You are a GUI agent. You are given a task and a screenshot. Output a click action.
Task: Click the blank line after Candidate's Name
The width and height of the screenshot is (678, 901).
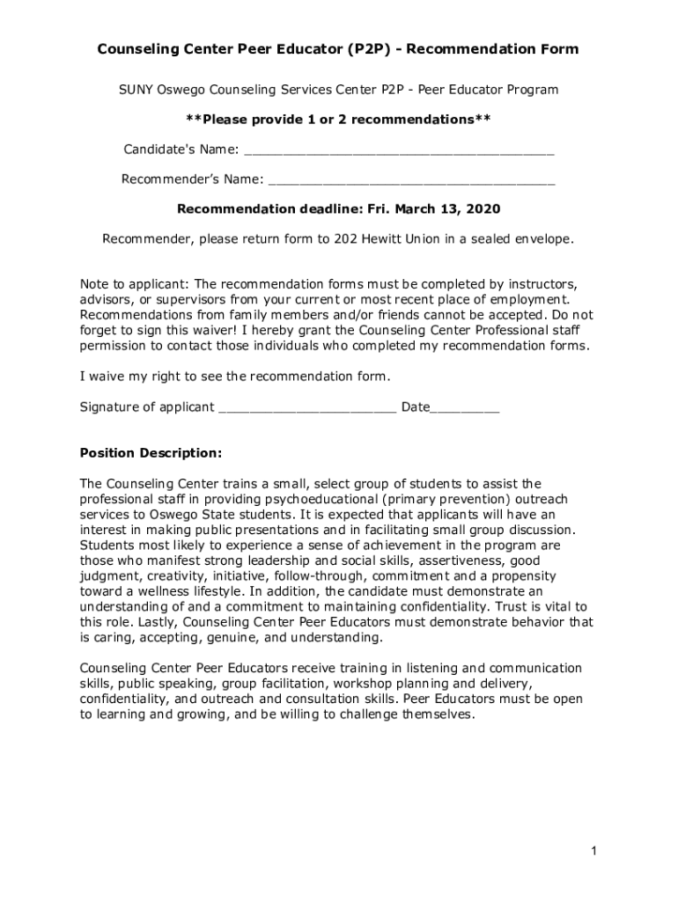(399, 151)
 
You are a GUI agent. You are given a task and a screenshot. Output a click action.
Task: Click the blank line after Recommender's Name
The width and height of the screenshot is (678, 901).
(411, 181)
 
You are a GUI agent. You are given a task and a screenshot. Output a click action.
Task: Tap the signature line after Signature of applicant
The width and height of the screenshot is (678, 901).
(307, 408)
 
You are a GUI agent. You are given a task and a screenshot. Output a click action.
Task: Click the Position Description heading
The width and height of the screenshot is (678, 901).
(151, 453)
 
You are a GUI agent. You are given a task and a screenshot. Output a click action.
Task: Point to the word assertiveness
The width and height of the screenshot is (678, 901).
(463, 560)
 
